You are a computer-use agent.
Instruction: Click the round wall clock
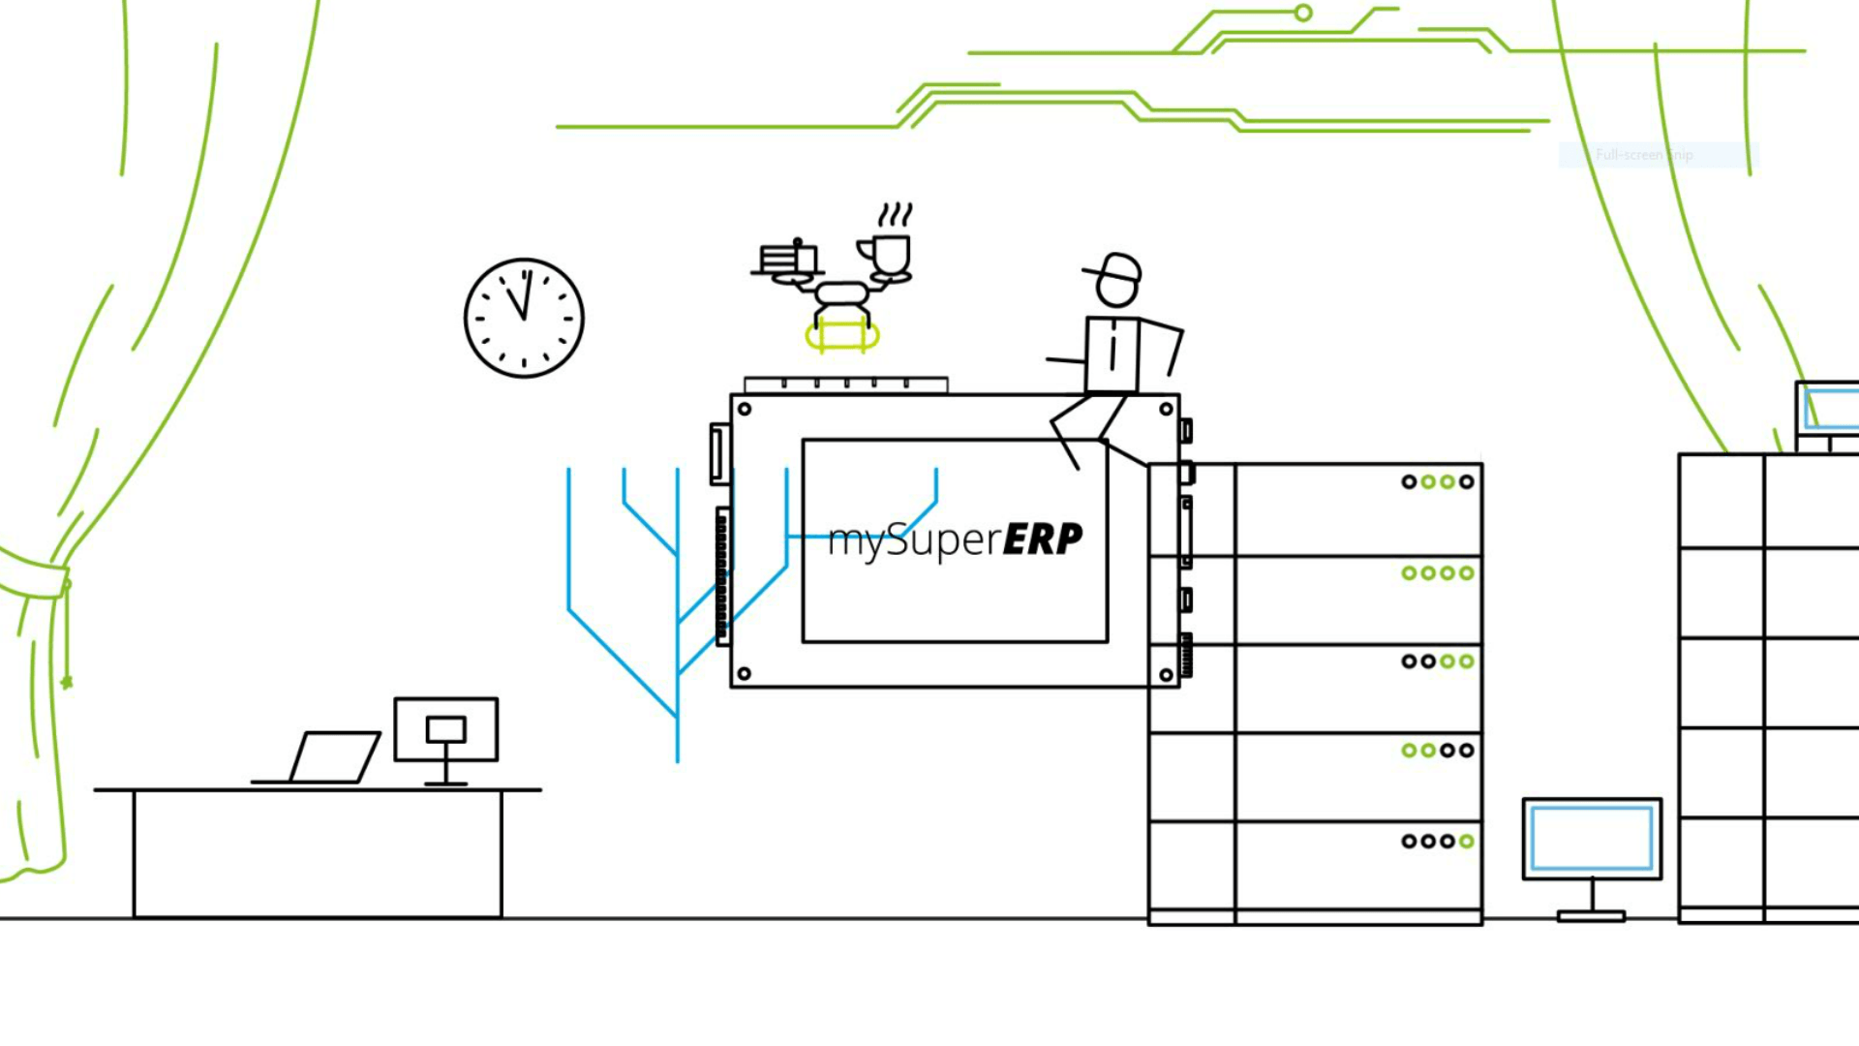(x=524, y=318)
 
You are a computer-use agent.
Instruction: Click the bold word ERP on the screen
(x=1042, y=539)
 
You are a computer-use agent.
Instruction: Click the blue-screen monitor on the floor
(x=1592, y=840)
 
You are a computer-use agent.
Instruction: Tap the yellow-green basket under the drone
(x=842, y=336)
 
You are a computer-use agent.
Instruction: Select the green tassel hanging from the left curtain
(x=67, y=681)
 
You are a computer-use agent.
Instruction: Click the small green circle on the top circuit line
(x=1303, y=13)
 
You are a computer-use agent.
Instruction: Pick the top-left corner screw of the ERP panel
(x=745, y=409)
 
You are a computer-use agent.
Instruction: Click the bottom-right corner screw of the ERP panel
(x=1166, y=674)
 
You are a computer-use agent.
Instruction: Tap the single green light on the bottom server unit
(x=1467, y=841)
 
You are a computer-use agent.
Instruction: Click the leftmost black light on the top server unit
(x=1409, y=481)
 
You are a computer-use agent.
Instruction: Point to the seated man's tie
(x=1112, y=349)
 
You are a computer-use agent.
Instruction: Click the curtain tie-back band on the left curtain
(x=34, y=575)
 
